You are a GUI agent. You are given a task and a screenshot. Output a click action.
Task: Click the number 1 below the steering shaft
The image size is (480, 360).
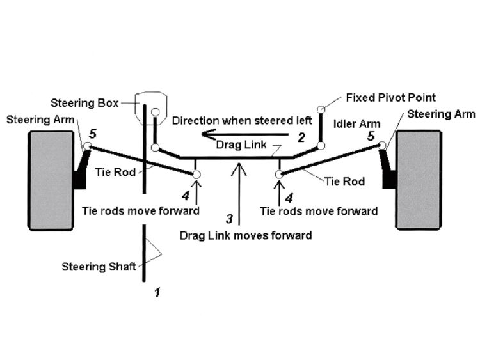[156, 293]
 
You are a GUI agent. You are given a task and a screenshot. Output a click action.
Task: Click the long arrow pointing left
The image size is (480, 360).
[243, 135]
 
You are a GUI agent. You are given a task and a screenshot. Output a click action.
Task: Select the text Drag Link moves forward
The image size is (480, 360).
[246, 235]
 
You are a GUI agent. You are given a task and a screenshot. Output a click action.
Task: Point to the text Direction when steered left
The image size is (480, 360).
[242, 120]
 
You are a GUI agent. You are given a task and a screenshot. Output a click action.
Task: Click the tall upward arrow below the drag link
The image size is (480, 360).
[239, 195]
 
